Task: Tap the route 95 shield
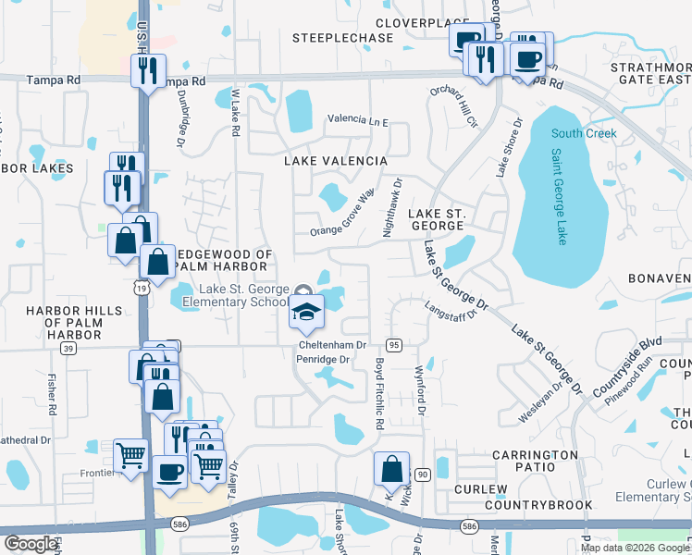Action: click(393, 344)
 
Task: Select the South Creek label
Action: click(584, 133)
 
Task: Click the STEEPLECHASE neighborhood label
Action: click(330, 38)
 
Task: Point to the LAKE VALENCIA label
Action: click(335, 161)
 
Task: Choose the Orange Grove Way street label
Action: click(342, 215)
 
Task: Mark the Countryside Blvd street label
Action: click(630, 355)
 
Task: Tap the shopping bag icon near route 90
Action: click(391, 469)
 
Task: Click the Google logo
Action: click(31, 544)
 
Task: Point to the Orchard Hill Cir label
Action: click(453, 106)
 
